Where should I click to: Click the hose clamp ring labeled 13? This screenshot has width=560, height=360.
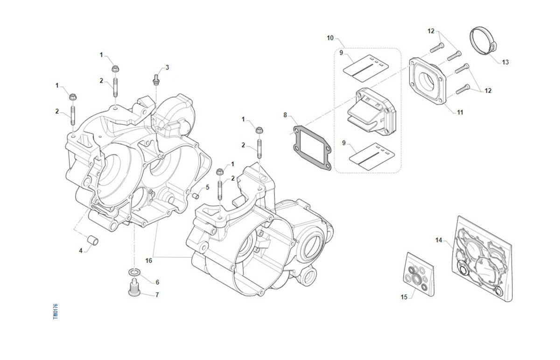(482, 41)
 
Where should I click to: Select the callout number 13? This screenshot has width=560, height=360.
(505, 62)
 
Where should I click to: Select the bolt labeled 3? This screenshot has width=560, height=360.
(156, 80)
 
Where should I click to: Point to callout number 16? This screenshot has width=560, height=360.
(148, 261)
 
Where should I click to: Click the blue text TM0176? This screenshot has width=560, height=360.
(55, 311)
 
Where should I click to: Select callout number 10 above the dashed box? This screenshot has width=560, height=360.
(330, 38)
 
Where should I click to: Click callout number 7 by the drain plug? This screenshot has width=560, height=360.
(157, 295)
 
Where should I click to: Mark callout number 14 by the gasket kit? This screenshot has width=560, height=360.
(439, 240)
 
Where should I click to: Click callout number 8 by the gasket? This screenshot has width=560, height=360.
(286, 115)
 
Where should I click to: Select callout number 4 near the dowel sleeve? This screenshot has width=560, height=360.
(80, 251)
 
